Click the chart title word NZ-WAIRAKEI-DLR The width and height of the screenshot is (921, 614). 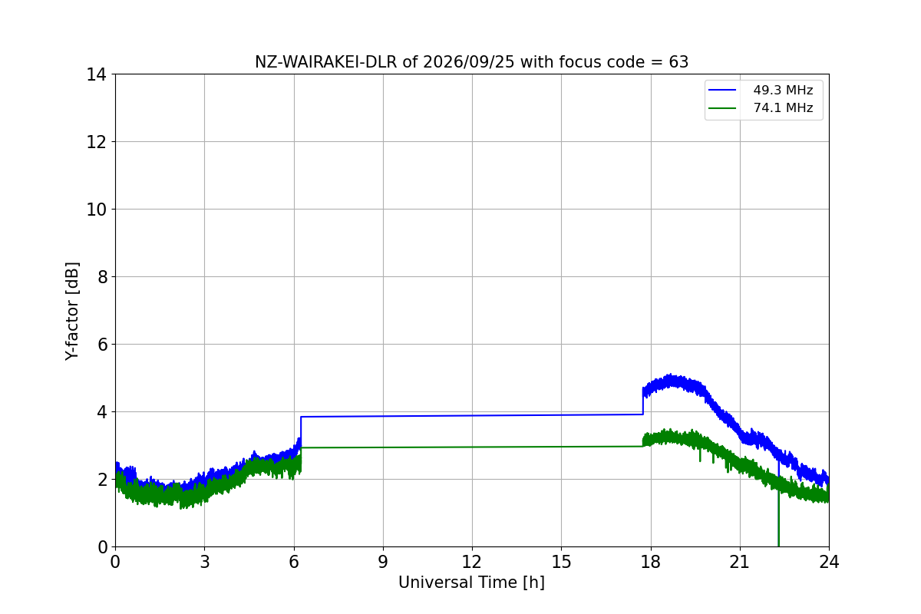pos(326,62)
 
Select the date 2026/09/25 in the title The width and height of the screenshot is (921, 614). pos(469,62)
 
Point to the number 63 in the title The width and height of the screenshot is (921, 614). pos(678,62)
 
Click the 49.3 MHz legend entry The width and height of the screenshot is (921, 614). pos(761,90)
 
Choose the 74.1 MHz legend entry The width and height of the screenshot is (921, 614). pos(761,108)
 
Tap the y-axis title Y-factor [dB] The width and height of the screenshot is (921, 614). pos(72,312)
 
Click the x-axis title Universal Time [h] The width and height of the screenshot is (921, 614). pos(471,583)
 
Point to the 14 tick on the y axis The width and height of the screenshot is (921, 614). pos(96,75)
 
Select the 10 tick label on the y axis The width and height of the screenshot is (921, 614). pos(96,210)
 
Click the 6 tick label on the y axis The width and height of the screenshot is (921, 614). pos(102,345)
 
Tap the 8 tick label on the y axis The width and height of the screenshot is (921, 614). pos(102,277)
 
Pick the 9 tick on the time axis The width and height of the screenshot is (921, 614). pos(383,562)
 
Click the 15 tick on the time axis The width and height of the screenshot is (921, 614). pos(562,562)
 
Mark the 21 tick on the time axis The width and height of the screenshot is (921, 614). pos(740,562)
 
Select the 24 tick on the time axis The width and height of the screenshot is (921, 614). pos(829,562)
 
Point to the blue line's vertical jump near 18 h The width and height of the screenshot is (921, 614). pos(643,401)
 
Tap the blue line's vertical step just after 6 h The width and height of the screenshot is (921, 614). pos(301,427)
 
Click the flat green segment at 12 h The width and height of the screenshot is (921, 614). pos(472,447)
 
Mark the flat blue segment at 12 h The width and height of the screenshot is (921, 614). pos(472,416)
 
